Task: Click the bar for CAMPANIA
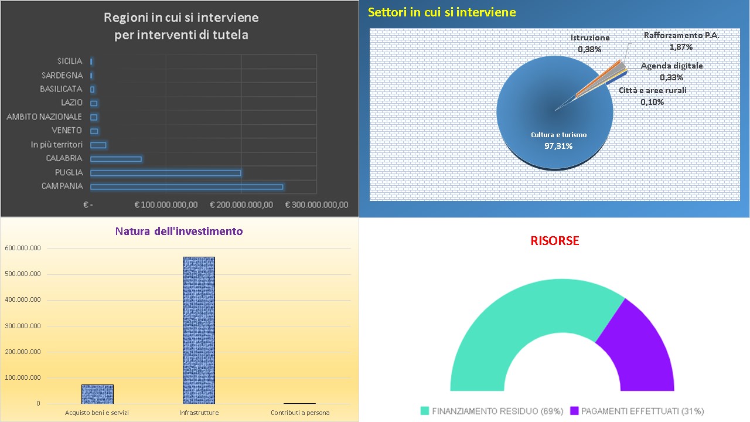point(187,187)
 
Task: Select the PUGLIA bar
point(166,173)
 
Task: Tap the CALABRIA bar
point(116,159)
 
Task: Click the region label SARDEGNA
point(62,76)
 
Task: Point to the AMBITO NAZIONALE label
point(44,117)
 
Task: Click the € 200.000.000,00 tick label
point(241,205)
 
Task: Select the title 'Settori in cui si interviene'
point(442,12)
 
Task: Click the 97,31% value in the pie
point(558,146)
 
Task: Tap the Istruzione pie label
point(590,38)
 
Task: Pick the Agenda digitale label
point(671,66)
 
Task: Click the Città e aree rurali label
point(653,90)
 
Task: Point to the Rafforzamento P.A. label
point(681,35)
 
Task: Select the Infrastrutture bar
point(199,330)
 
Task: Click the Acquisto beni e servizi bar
point(97,394)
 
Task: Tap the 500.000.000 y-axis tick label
point(23,274)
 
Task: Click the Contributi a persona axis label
point(300,413)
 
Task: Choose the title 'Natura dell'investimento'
point(179,231)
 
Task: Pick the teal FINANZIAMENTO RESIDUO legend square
point(425,411)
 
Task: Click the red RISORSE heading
point(555,240)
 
